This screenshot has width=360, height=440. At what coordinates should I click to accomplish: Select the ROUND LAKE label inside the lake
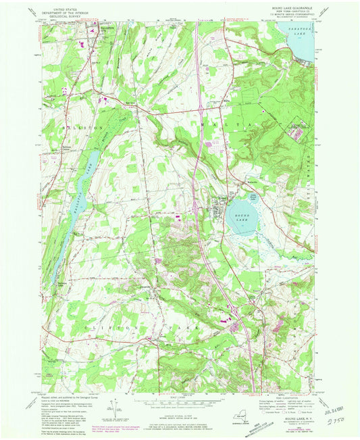point(238,215)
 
